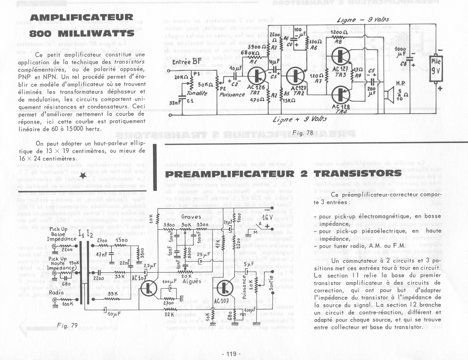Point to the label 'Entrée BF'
(x=187, y=62)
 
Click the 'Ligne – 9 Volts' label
(x=363, y=20)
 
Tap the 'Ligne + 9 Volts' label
(x=299, y=119)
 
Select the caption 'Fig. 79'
(x=67, y=325)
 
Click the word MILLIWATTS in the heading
(x=96, y=34)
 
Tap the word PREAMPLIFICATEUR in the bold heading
(x=230, y=174)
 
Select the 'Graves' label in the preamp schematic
(x=191, y=217)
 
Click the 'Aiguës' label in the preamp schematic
(x=192, y=281)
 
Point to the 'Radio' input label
(x=56, y=293)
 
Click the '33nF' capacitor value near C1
(x=175, y=103)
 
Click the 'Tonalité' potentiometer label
(x=197, y=93)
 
